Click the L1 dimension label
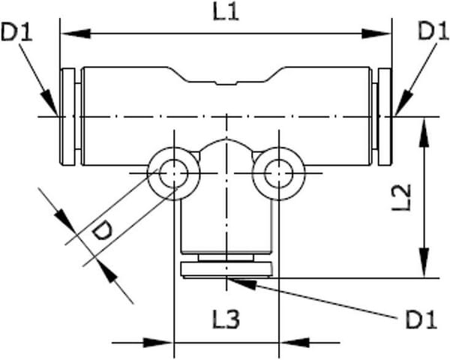(x=226, y=13)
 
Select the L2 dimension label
(x=402, y=197)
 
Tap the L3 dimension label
(x=226, y=319)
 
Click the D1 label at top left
(x=16, y=31)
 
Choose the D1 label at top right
(x=433, y=31)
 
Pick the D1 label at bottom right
(x=421, y=319)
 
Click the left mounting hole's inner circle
(x=174, y=173)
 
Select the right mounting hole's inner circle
(x=279, y=173)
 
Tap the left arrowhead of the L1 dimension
(x=76, y=34)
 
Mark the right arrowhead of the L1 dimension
(x=376, y=34)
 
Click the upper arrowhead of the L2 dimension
(x=424, y=132)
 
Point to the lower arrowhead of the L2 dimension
(x=424, y=262)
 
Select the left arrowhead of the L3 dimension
(x=158, y=343)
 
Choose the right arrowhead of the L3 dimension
(x=294, y=343)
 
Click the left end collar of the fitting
(x=67, y=116)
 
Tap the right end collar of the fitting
(x=385, y=116)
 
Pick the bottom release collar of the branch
(x=226, y=269)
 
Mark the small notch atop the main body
(x=226, y=83)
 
